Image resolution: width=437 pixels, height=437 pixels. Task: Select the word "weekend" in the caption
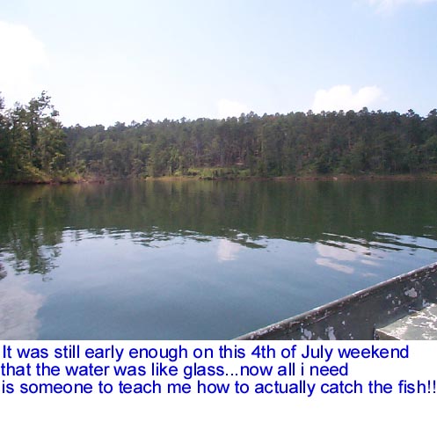click(373, 352)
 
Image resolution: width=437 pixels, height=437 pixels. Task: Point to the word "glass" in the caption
click(204, 371)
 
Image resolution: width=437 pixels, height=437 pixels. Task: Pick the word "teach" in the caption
click(140, 387)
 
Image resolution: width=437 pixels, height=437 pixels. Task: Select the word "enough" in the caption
click(158, 353)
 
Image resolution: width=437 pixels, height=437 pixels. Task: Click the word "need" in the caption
click(329, 369)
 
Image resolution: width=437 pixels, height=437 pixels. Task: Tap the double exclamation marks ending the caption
click(432, 387)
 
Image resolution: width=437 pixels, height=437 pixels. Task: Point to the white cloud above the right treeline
click(347, 98)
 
